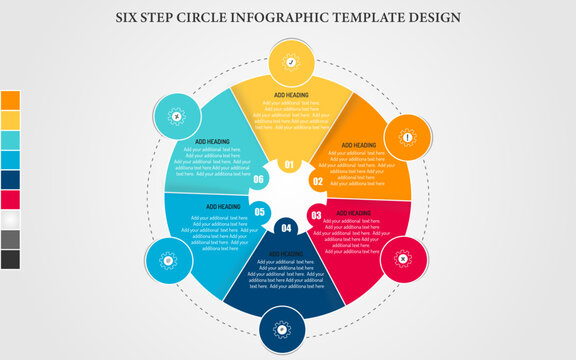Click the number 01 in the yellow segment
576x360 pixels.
pos(290,165)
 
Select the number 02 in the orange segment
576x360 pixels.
pos(317,182)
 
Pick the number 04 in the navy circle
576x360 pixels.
pos(287,229)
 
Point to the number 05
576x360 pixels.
pos(260,212)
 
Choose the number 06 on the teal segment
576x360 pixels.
pos(259,180)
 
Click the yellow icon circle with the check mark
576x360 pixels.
pos(291,62)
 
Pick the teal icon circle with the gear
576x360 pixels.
pos(176,117)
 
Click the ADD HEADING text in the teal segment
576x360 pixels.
pos(212,142)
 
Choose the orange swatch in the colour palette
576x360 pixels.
pos(10,100)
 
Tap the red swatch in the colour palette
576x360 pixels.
pos(10,199)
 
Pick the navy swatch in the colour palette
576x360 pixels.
pos(10,179)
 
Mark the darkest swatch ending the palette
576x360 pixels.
pos(10,259)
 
